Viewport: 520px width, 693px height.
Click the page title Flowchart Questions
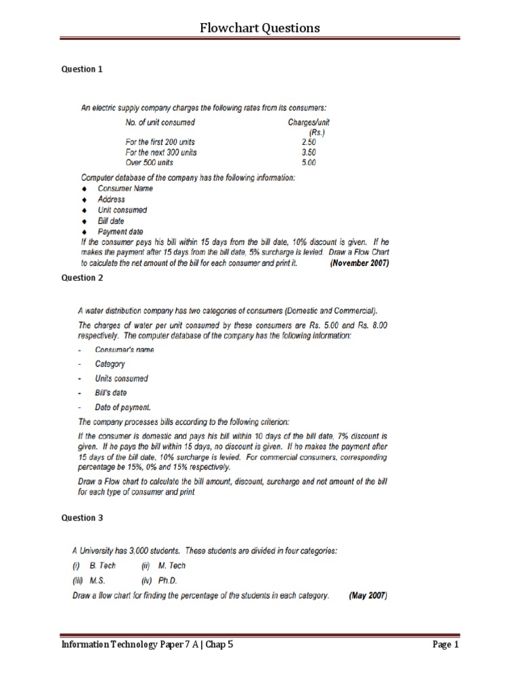(260, 28)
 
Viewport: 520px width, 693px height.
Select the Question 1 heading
(83, 69)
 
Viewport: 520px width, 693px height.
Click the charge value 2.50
(309, 142)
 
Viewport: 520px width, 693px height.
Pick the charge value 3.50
(309, 152)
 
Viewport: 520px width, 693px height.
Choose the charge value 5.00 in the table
(309, 162)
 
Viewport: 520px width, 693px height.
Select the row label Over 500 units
(150, 162)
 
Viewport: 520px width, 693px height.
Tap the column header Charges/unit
(309, 122)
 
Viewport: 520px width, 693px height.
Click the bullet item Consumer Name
(125, 189)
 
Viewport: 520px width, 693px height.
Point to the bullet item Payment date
(120, 231)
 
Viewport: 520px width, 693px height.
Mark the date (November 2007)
(359, 264)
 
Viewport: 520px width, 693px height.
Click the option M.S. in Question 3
(97, 581)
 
